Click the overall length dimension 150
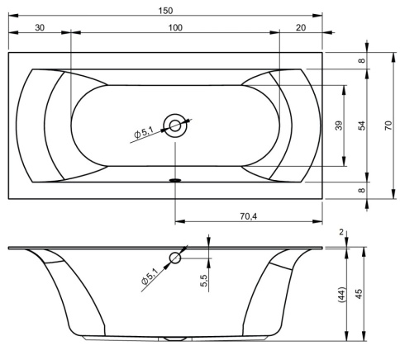165,11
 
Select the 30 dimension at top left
40,27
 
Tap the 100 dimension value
175,27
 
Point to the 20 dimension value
301,27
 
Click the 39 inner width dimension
339,126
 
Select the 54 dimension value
363,126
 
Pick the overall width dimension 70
388,126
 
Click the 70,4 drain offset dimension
248,216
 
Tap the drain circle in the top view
175,126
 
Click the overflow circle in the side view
175,258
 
